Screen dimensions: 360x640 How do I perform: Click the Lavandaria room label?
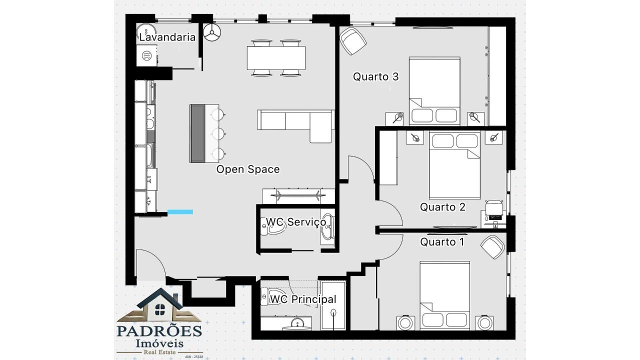pos(167,37)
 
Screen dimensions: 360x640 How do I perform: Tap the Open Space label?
pos(247,169)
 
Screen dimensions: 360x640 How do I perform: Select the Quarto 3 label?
pos(375,77)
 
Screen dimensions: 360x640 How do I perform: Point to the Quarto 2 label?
pos(442,207)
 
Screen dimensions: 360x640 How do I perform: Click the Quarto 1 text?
pos(441,242)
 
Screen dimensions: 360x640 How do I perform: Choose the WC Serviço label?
pos(295,222)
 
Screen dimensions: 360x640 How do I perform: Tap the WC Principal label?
pos(302,299)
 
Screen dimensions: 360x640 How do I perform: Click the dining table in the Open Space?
pos(275,58)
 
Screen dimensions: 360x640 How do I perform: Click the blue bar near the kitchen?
pos(179,212)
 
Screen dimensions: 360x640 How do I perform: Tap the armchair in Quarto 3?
pos(352,40)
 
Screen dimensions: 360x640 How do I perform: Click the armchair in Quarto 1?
pos(493,247)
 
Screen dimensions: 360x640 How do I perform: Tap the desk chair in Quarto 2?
pos(494,206)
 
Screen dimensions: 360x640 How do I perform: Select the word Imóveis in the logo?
pos(159,343)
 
